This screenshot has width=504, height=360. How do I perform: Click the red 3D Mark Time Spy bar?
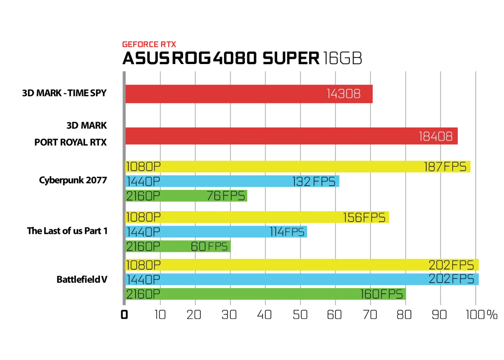249,94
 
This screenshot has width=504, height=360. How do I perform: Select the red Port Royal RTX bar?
291,136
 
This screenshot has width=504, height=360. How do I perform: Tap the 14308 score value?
344,94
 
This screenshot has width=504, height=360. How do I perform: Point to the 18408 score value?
435,136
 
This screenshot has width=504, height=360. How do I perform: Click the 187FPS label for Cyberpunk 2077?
445,167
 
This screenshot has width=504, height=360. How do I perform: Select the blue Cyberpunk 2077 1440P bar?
232,181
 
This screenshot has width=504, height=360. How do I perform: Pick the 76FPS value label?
225,196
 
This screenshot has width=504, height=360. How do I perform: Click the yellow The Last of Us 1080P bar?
257,217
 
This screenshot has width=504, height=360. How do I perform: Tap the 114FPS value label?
287,231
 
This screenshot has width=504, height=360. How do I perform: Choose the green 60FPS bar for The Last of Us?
178,246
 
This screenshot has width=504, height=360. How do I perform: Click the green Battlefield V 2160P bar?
266,294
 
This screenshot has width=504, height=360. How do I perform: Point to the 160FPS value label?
381,294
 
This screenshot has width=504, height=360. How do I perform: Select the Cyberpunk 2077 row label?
73,181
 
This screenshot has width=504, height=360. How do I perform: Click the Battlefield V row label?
82,280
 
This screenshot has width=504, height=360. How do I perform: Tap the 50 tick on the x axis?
300,315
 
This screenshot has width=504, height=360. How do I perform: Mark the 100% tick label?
481,315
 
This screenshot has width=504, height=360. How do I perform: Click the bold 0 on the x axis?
124,315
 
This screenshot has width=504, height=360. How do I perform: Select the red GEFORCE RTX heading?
149,44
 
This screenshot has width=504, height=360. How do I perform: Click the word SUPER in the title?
291,58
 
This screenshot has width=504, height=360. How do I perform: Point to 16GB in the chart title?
343,58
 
